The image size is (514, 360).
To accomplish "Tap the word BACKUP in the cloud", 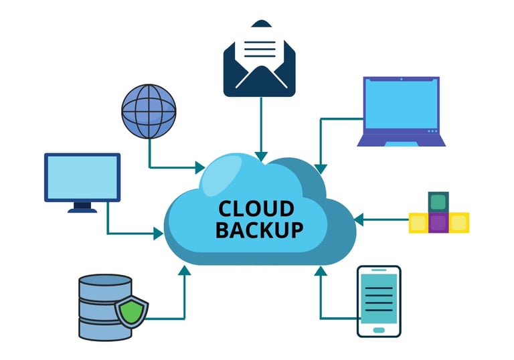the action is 259,230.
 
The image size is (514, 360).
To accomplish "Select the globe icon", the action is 149,110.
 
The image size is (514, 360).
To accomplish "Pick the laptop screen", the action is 402,106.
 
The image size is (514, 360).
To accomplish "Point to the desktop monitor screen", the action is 82,177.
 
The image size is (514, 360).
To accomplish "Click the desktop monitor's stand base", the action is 82,209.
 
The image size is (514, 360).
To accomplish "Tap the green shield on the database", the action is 131,311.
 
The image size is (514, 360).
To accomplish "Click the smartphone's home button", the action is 379,329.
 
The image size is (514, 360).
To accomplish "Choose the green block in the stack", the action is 438,201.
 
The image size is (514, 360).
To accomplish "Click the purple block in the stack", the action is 438,222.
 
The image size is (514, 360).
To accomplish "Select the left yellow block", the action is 418,222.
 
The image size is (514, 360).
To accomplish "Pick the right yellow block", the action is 459,222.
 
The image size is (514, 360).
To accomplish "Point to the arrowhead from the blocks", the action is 358,218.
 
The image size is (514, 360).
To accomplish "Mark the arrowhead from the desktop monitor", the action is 159,234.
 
